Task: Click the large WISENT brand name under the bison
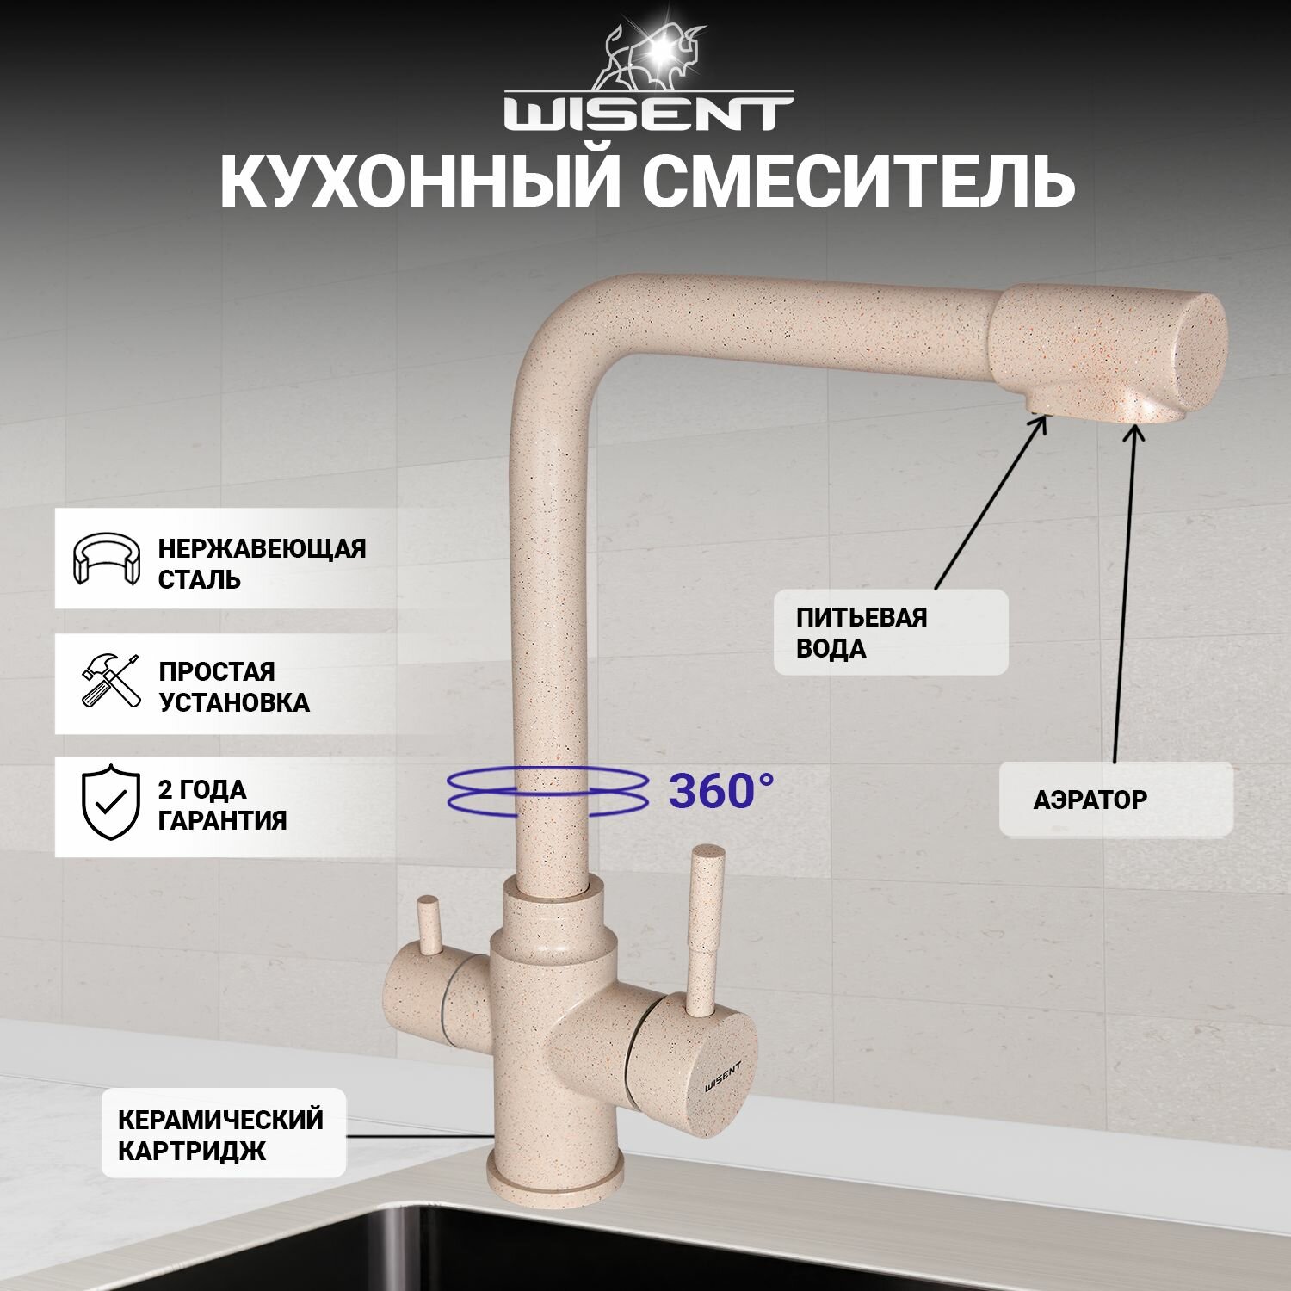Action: click(647, 114)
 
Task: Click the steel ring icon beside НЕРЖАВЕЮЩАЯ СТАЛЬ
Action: click(106, 559)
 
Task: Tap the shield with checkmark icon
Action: click(110, 801)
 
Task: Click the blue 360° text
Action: click(721, 791)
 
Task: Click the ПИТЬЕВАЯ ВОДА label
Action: click(862, 633)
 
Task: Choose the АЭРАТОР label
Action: click(1090, 800)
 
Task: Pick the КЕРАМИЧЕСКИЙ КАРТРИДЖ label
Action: click(220, 1134)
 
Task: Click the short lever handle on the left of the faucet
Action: click(427, 925)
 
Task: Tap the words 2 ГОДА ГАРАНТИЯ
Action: click(222, 805)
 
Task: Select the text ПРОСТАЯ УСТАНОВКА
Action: click(233, 687)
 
